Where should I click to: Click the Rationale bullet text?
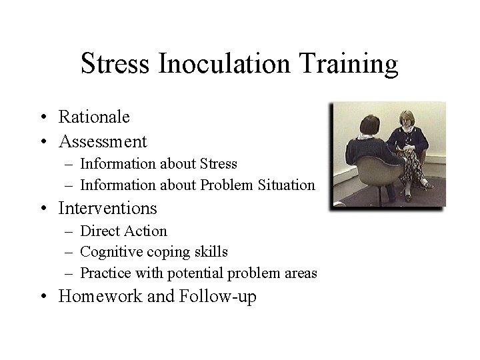(x=94, y=117)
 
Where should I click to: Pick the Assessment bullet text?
(x=103, y=141)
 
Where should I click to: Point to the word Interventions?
(x=107, y=208)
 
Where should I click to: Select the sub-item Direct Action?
(x=123, y=231)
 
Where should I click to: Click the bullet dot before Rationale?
(x=43, y=118)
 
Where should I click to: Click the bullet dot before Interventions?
(x=43, y=209)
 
